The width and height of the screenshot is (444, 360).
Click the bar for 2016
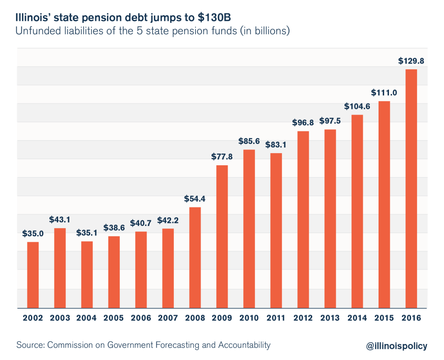pyautogui.click(x=411, y=188)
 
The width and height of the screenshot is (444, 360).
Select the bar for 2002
pyautogui.click(x=33, y=275)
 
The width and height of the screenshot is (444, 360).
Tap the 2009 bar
pyautogui.click(x=222, y=236)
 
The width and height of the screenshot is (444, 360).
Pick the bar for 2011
pyautogui.click(x=276, y=230)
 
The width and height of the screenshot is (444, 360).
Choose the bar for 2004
pyautogui.click(x=87, y=274)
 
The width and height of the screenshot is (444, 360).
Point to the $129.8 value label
pyautogui.click(x=411, y=61)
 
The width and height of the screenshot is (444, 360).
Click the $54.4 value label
pyautogui.click(x=195, y=199)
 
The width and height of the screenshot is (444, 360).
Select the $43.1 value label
pyautogui.click(x=60, y=220)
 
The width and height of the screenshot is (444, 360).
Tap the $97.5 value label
pyautogui.click(x=330, y=121)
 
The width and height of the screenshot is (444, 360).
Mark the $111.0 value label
pyautogui.click(x=384, y=93)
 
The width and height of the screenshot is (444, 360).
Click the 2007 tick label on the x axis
pyautogui.click(x=168, y=318)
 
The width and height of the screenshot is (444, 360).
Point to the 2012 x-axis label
pyautogui.click(x=303, y=318)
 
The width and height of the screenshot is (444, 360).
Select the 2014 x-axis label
pyautogui.click(x=357, y=318)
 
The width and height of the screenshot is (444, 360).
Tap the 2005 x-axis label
pyautogui.click(x=114, y=318)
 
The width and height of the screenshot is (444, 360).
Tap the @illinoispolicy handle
pyautogui.click(x=396, y=346)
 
